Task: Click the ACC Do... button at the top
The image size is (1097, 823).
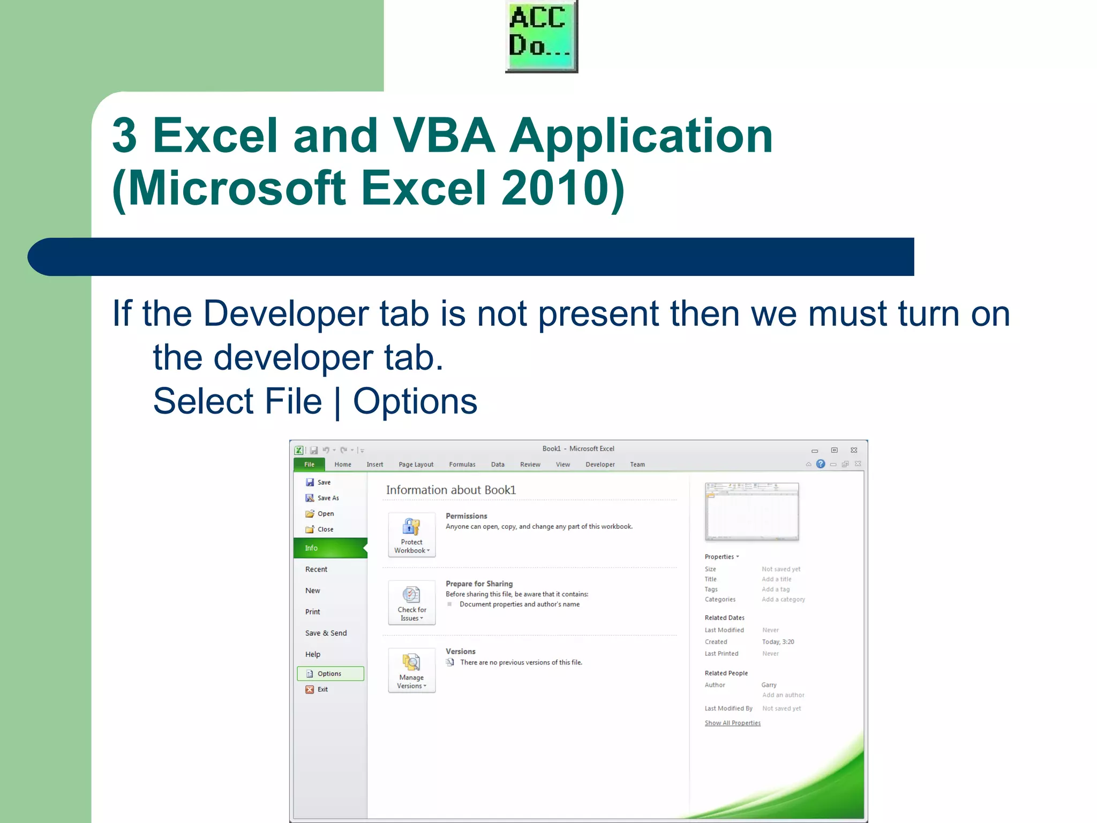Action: pyautogui.click(x=541, y=36)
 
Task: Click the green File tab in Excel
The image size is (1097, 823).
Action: pyautogui.click(x=309, y=464)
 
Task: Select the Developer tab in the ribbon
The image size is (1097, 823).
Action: pyautogui.click(x=599, y=465)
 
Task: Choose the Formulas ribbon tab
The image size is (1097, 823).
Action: pyautogui.click(x=462, y=465)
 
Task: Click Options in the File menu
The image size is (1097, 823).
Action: pyautogui.click(x=329, y=674)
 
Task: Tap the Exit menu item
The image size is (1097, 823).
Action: pyautogui.click(x=322, y=689)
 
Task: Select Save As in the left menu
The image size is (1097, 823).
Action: pyautogui.click(x=328, y=498)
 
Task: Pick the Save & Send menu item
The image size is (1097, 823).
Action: pyautogui.click(x=326, y=633)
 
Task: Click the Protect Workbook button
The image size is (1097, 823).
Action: pyautogui.click(x=411, y=535)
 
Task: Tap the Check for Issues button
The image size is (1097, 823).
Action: pyautogui.click(x=411, y=602)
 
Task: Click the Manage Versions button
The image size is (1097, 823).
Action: pyautogui.click(x=411, y=670)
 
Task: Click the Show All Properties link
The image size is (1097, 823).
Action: pyautogui.click(x=732, y=723)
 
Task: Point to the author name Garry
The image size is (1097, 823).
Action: pyautogui.click(x=769, y=685)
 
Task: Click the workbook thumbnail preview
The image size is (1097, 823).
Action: pyautogui.click(x=752, y=511)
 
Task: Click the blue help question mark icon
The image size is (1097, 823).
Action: pyautogui.click(x=820, y=464)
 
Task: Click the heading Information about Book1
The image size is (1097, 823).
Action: pyautogui.click(x=450, y=490)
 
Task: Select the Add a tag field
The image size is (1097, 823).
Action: pyautogui.click(x=776, y=589)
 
